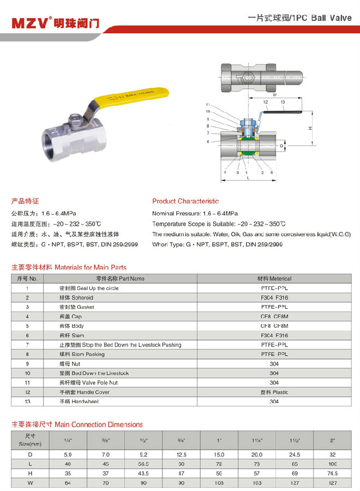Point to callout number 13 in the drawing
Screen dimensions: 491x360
pos(283,102)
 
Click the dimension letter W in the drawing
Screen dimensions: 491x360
pos(274,94)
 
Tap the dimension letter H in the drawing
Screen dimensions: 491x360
pos(309,128)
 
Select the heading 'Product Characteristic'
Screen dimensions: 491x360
pos(185,201)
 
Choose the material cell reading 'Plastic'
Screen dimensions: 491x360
pos(274,392)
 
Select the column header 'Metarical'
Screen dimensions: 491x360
pos(274,279)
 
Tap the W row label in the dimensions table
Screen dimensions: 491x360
pos(30,483)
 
